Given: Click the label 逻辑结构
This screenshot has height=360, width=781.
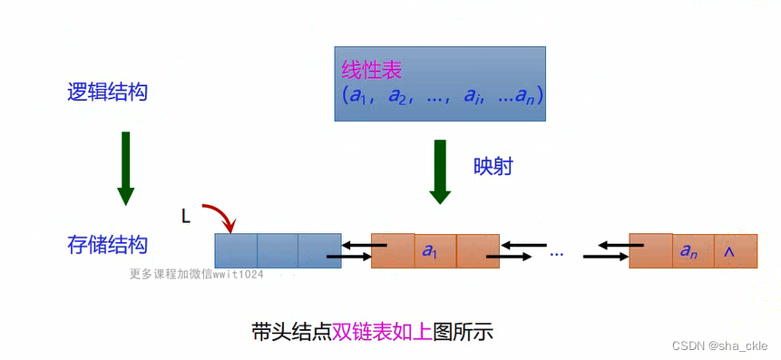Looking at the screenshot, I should click(107, 92).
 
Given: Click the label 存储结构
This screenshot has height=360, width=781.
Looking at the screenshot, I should click(107, 245).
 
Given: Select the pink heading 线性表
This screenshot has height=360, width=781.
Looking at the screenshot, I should click(371, 70).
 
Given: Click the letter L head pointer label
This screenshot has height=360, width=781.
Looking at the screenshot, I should click(186, 216).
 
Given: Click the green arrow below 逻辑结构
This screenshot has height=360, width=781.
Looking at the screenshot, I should click(126, 168).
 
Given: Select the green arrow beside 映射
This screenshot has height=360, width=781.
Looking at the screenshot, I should click(440, 170).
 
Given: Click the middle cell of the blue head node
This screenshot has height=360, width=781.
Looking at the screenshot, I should click(277, 250).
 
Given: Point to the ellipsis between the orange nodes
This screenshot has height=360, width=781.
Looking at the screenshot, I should click(557, 252).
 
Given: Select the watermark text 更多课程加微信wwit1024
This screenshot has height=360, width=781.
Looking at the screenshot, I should click(196, 274).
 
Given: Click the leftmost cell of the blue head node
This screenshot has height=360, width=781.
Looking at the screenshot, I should click(236, 250).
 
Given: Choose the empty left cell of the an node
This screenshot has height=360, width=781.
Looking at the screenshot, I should click(650, 251).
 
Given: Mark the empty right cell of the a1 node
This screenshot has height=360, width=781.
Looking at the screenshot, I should click(478, 251).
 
